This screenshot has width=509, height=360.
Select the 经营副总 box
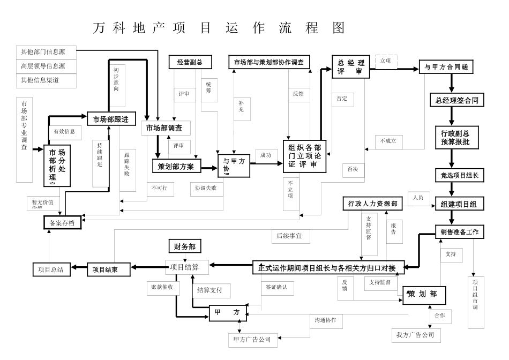point(190,62)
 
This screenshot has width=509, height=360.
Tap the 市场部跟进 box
point(111,118)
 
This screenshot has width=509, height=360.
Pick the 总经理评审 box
point(350,67)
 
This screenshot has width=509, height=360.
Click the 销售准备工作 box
point(459,232)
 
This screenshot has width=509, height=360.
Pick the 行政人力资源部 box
point(372,204)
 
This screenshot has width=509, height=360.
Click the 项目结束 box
point(109,269)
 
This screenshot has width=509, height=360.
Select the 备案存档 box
point(62,222)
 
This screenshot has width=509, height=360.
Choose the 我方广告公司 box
point(416,335)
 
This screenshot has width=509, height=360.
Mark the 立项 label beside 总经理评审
point(385,61)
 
